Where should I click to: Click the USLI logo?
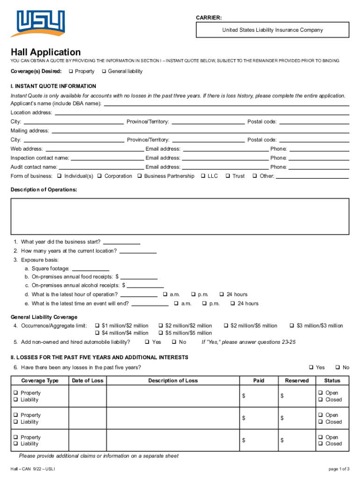click(40, 23)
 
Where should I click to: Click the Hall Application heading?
click(46, 52)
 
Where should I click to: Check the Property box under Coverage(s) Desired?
click(71, 72)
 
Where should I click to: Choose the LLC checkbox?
click(202, 176)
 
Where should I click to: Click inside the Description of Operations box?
click(180, 216)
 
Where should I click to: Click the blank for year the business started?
click(121, 242)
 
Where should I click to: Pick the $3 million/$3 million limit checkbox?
click(292, 326)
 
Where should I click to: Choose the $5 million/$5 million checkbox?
click(161, 333)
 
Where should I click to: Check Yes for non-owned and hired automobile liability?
click(147, 342)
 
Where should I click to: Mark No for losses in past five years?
click(337, 368)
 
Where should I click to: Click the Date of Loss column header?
click(87, 380)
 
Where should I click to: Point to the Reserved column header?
click(297, 380)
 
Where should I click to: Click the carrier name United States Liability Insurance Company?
click(272, 30)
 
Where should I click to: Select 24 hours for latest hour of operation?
click(222, 295)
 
